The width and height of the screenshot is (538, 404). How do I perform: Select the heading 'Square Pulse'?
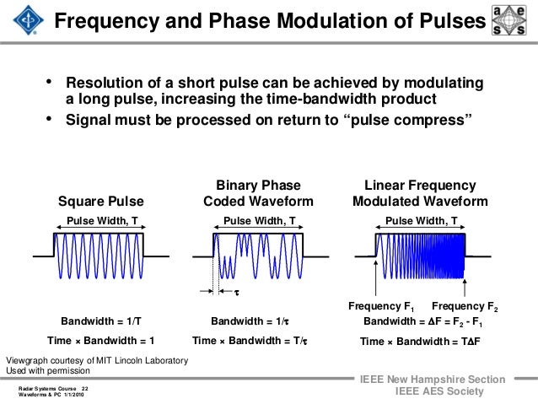pos(101,201)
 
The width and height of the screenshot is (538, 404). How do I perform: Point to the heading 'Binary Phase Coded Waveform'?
pos(258,193)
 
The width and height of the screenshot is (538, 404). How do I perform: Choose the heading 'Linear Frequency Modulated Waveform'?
pos(420,193)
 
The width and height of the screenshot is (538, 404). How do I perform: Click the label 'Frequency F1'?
pos(382,305)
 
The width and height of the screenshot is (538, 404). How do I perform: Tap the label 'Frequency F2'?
pos(465,305)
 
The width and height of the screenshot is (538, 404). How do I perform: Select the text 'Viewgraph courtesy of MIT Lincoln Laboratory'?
pos(97,361)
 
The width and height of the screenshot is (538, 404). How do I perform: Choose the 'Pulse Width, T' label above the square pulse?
pos(101,221)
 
